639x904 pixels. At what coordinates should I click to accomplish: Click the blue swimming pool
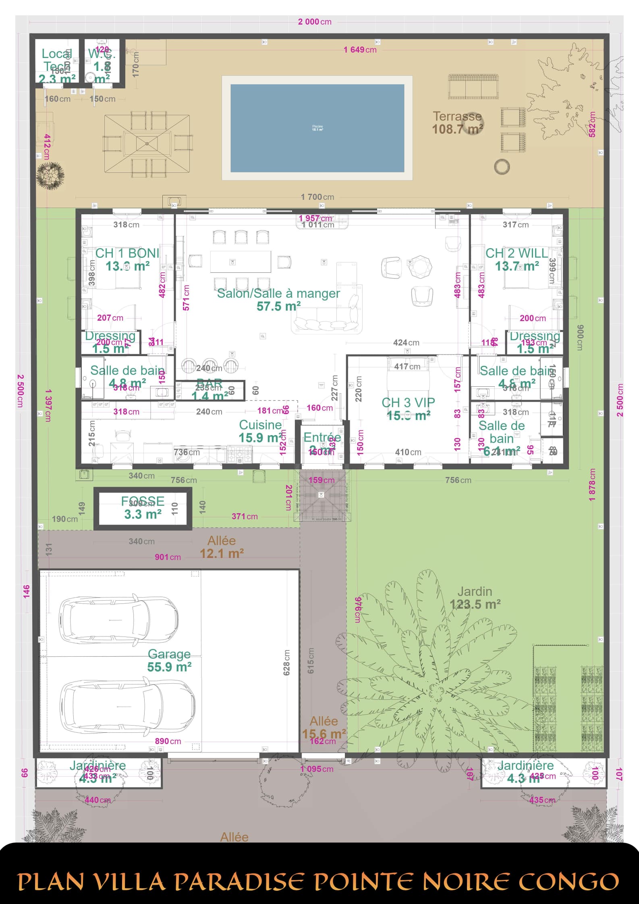317,128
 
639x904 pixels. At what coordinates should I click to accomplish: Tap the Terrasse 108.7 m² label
457,122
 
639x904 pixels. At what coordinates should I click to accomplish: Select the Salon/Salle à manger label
278,299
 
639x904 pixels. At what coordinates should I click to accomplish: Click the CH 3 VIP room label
408,408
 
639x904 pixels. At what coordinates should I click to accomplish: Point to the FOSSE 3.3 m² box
143,508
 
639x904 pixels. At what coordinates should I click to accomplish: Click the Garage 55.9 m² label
169,661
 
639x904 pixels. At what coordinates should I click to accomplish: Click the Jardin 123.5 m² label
475,598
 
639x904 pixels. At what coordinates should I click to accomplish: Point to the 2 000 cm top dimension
315,22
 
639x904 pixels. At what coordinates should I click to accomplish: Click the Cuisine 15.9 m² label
260,431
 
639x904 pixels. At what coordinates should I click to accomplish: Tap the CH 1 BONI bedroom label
127,259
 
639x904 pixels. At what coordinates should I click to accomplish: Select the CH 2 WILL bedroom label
517,259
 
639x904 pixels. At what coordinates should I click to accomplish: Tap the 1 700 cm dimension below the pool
317,197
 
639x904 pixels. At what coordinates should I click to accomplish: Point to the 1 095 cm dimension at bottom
317,769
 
